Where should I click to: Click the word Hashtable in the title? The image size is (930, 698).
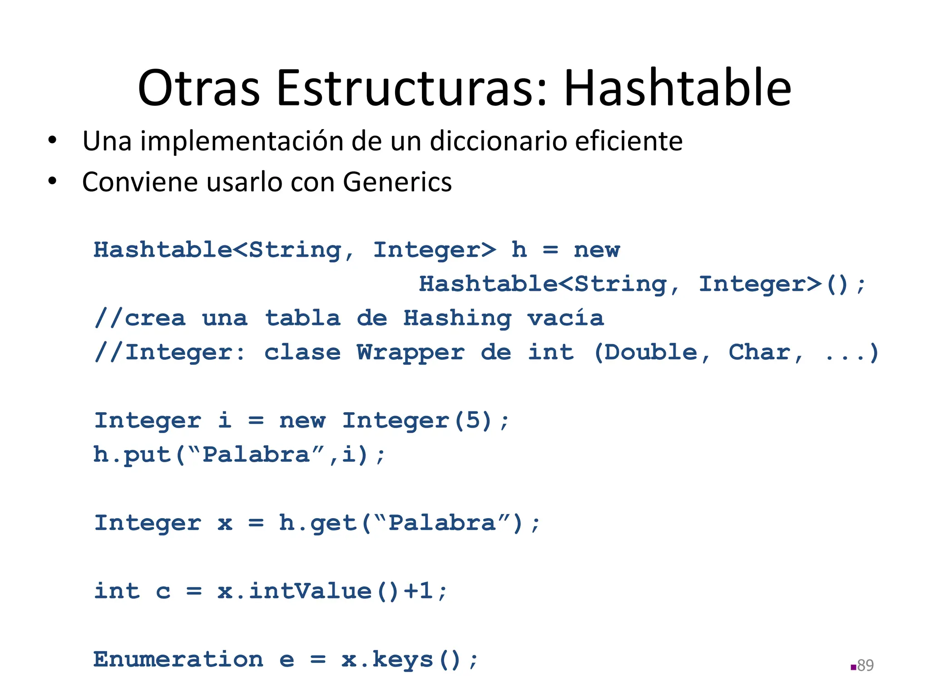[x=678, y=89]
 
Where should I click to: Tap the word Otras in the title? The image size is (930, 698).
[x=198, y=89]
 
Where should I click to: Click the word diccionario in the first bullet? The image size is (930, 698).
[x=499, y=141]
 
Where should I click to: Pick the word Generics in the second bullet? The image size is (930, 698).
[x=397, y=182]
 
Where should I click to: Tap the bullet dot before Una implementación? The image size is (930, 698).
[x=53, y=140]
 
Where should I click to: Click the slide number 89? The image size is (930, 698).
[x=865, y=665]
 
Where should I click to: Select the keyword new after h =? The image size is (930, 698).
[x=597, y=250]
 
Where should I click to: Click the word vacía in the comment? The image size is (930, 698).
[x=565, y=318]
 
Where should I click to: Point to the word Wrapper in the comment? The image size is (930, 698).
[x=411, y=353]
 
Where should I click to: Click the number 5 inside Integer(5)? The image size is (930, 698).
[x=473, y=420]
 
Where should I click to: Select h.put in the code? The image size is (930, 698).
[x=132, y=455]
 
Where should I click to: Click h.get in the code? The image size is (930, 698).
[x=317, y=523]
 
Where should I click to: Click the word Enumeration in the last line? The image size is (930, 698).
[x=178, y=659]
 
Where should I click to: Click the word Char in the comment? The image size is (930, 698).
[x=759, y=353]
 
